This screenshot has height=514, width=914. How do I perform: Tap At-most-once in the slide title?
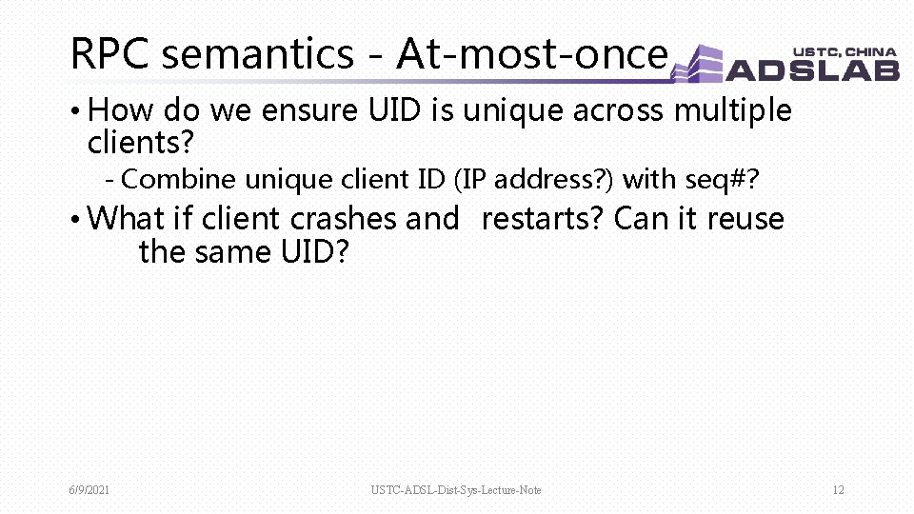click(x=531, y=54)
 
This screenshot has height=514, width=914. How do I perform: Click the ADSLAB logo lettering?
click(x=813, y=69)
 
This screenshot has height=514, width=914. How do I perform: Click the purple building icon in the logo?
click(x=700, y=64)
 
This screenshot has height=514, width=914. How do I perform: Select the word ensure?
click(x=310, y=111)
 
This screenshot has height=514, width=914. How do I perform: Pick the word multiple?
click(x=732, y=111)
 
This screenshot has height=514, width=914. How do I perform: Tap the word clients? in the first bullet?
click(x=141, y=143)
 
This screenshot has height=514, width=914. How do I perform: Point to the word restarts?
click(x=543, y=219)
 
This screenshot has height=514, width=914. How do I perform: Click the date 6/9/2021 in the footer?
click(x=89, y=490)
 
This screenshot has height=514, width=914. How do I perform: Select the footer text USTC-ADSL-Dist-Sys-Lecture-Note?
click(x=456, y=490)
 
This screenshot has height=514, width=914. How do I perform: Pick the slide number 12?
click(x=838, y=490)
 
